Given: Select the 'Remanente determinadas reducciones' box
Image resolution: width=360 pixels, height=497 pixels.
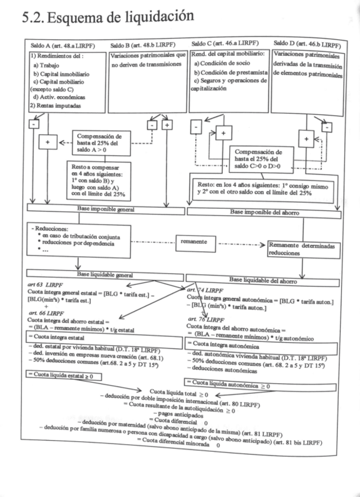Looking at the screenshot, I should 301,249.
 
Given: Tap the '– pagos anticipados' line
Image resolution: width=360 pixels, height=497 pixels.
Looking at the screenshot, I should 186,413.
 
